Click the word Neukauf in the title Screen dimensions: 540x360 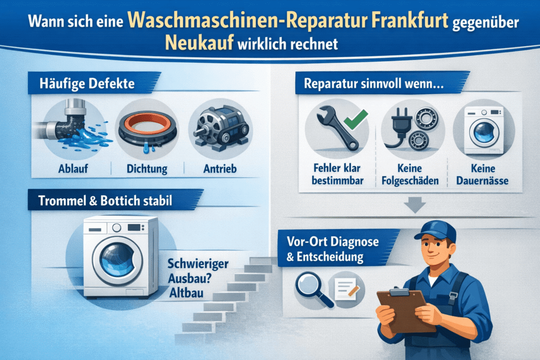coord(199,43)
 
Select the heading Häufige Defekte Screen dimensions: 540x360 coord(87,84)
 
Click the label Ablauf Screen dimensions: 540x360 coord(73,169)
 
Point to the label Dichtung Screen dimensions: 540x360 coord(147,169)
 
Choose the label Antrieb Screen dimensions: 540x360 coord(220,169)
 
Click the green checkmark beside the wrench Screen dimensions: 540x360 coord(356,119)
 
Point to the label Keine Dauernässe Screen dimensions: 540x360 coord(483,174)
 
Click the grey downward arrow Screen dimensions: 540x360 coord(414,205)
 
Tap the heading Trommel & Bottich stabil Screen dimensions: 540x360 coord(105,201)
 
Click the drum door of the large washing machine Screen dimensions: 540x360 coord(118,260)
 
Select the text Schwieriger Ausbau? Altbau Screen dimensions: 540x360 coord(198,278)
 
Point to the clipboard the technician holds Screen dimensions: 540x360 coord(406,310)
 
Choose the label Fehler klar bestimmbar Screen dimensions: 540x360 coord(337,174)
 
